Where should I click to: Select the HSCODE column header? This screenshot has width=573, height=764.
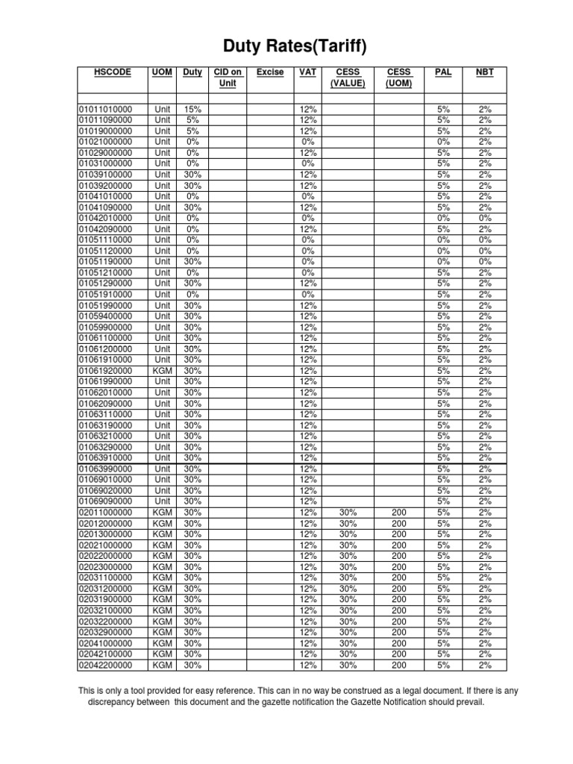(x=112, y=72)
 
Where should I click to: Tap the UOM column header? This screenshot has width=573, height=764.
(x=161, y=72)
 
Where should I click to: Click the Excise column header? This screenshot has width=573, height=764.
(x=269, y=72)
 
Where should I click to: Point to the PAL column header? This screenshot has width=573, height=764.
(x=443, y=72)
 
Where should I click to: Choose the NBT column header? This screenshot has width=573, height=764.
(x=485, y=72)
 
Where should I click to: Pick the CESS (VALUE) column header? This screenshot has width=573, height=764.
(x=348, y=78)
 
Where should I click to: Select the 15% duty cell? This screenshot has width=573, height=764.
(x=192, y=109)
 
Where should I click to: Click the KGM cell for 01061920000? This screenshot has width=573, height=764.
(x=162, y=371)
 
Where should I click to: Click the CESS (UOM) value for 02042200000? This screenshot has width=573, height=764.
(x=399, y=665)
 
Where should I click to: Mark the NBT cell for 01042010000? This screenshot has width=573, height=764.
(x=485, y=218)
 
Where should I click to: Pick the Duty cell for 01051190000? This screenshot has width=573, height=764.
(x=192, y=262)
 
